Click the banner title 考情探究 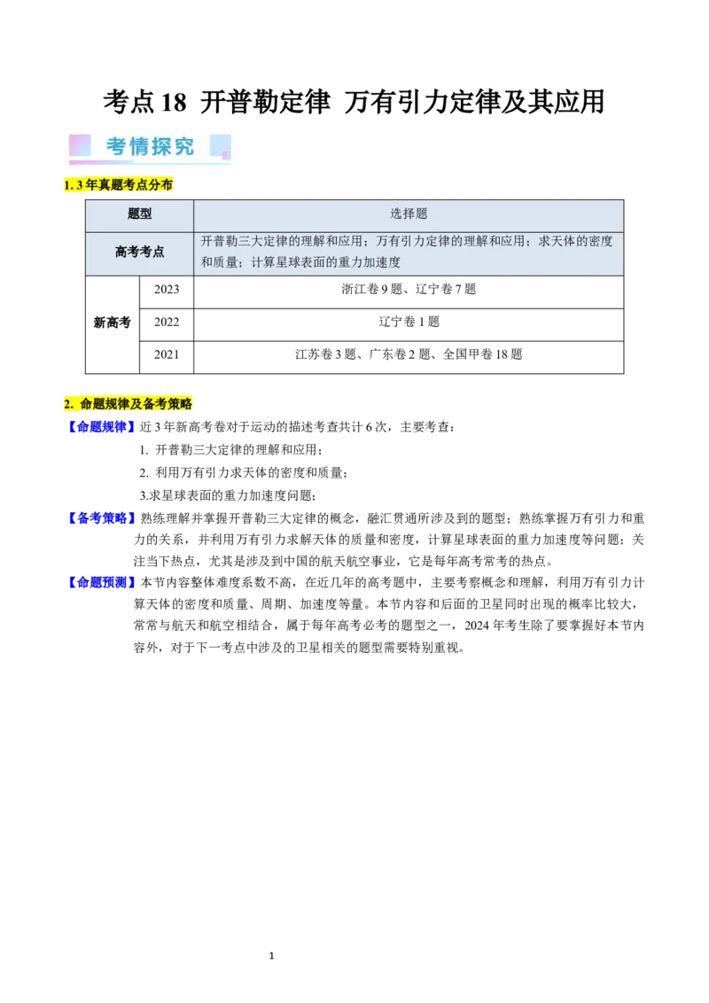(x=150, y=146)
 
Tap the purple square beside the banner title (x=80, y=145)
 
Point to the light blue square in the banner (x=220, y=145)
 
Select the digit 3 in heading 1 (x=80, y=185)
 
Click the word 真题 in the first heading (x=110, y=185)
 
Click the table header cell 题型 (x=140, y=214)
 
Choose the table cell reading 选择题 (x=409, y=214)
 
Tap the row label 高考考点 (x=140, y=252)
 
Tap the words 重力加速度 (x=370, y=262)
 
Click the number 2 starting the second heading (x=67, y=404)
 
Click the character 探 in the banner (x=161, y=146)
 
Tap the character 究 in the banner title (x=183, y=146)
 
